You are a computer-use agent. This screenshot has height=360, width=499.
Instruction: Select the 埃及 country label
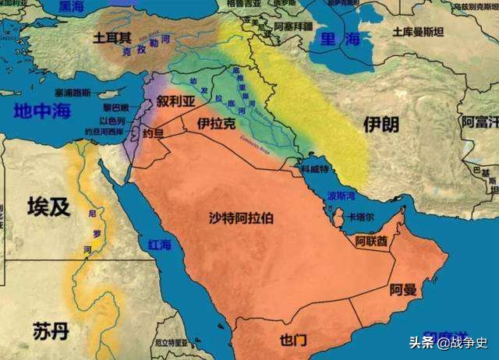pos(48,206)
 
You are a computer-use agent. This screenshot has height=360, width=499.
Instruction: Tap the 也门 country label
pos(292,340)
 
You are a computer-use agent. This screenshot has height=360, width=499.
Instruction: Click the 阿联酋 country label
pos(371,242)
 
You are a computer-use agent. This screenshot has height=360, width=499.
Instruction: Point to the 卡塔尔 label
pos(362,217)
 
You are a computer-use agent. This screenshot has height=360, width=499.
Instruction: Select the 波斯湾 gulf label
pos(341,195)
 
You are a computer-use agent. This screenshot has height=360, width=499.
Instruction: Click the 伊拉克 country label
pos(217,124)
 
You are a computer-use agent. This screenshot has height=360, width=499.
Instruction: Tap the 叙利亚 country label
pos(174,102)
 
